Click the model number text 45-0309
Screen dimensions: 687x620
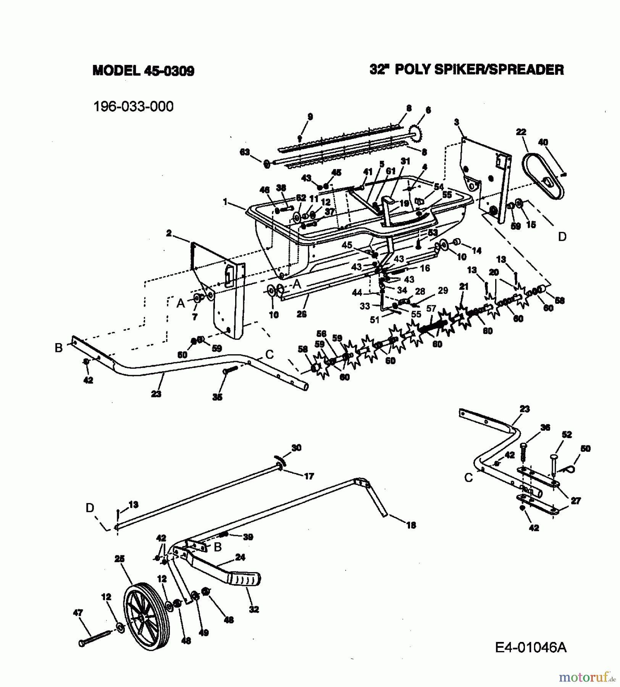click(169, 71)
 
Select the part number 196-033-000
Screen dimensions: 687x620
click(133, 106)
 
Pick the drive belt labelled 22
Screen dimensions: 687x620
click(542, 177)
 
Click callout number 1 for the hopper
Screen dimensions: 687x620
click(225, 202)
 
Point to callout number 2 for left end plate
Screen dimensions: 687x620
click(169, 233)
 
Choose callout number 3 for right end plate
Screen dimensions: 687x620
click(456, 122)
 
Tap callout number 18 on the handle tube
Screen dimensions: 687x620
click(411, 525)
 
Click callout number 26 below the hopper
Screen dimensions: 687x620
click(302, 314)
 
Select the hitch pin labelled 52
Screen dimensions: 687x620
click(554, 464)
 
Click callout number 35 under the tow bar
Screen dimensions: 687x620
click(217, 397)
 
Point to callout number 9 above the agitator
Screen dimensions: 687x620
click(310, 117)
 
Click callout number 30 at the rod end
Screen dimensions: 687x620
click(296, 448)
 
